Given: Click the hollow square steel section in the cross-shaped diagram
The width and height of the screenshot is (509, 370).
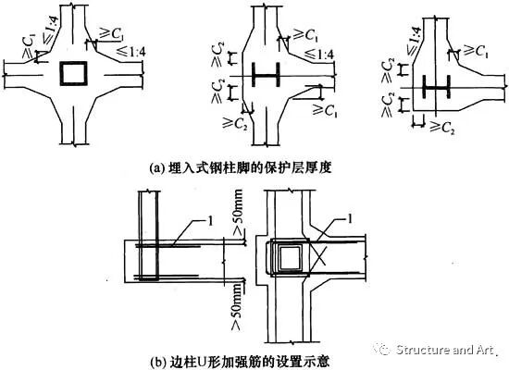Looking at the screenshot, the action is click(74, 63).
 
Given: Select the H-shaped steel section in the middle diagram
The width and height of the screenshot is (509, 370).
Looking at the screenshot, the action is click(266, 75).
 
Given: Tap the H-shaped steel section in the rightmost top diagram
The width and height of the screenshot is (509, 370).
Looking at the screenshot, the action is click(436, 87).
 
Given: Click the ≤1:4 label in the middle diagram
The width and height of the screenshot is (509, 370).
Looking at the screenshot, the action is click(319, 54).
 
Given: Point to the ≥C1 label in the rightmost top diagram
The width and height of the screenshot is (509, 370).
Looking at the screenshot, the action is click(476, 51).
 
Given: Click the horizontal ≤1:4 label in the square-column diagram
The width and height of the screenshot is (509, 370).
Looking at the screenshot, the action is click(130, 52).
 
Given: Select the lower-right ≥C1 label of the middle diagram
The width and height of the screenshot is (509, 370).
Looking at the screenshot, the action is click(325, 110).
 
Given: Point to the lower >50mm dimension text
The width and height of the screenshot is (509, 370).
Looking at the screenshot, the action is click(237, 307).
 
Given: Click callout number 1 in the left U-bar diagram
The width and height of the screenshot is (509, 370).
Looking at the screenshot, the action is click(211, 221).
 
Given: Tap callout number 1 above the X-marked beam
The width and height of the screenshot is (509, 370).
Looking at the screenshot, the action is click(350, 219).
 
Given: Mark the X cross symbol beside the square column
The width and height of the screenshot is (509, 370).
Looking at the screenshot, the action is click(318, 254).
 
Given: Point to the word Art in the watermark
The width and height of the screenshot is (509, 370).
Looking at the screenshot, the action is click(485, 350).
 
